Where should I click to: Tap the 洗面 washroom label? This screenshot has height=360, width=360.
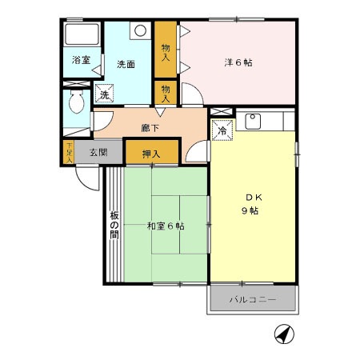[x=126, y=63]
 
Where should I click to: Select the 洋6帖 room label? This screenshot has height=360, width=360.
[x=237, y=62]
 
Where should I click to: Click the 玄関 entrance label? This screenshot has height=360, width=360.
[x=98, y=151]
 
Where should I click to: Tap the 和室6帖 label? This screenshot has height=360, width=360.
[x=165, y=226]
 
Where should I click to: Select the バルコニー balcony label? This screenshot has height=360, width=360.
[x=253, y=300]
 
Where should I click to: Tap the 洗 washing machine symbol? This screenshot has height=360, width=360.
[x=104, y=95]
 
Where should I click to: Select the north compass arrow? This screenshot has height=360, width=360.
[x=284, y=334]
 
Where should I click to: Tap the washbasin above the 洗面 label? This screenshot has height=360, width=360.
[x=140, y=31]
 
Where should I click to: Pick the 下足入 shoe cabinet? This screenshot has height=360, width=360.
[x=69, y=151]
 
